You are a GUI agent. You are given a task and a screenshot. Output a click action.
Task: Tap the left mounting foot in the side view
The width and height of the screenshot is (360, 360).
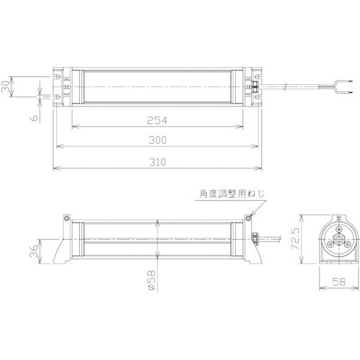(x=63, y=248)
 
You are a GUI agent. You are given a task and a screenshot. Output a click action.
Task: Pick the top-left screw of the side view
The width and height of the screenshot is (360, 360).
(x=66, y=217)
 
